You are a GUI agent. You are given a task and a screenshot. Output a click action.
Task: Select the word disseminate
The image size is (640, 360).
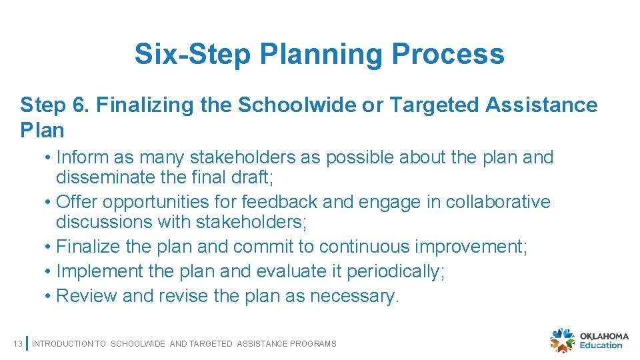coord(101,177)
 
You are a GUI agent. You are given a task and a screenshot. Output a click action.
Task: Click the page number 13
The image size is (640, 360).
coord(17,344)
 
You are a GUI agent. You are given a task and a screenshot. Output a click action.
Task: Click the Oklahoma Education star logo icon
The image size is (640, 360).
coord(562,341)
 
